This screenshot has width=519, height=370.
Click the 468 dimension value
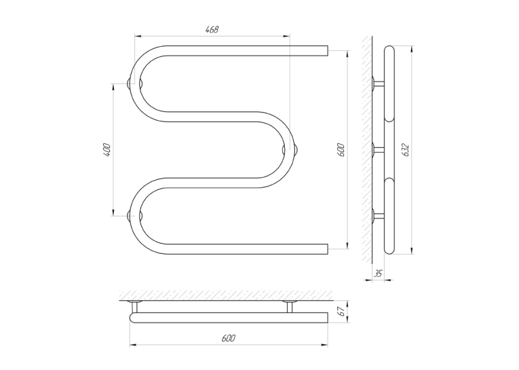(x=212, y=29)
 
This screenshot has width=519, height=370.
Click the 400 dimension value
(x=107, y=150)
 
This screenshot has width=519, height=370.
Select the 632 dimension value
(x=406, y=150)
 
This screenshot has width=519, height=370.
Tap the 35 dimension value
(x=378, y=274)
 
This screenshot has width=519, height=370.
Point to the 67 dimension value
(x=342, y=311)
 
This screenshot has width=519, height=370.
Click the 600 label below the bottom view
(x=229, y=338)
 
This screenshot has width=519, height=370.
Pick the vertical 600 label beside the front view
(x=341, y=150)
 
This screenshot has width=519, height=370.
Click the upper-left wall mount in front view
(x=136, y=83)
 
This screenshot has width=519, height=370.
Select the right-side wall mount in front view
(x=290, y=150)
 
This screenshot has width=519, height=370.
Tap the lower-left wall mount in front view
(x=136, y=216)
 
